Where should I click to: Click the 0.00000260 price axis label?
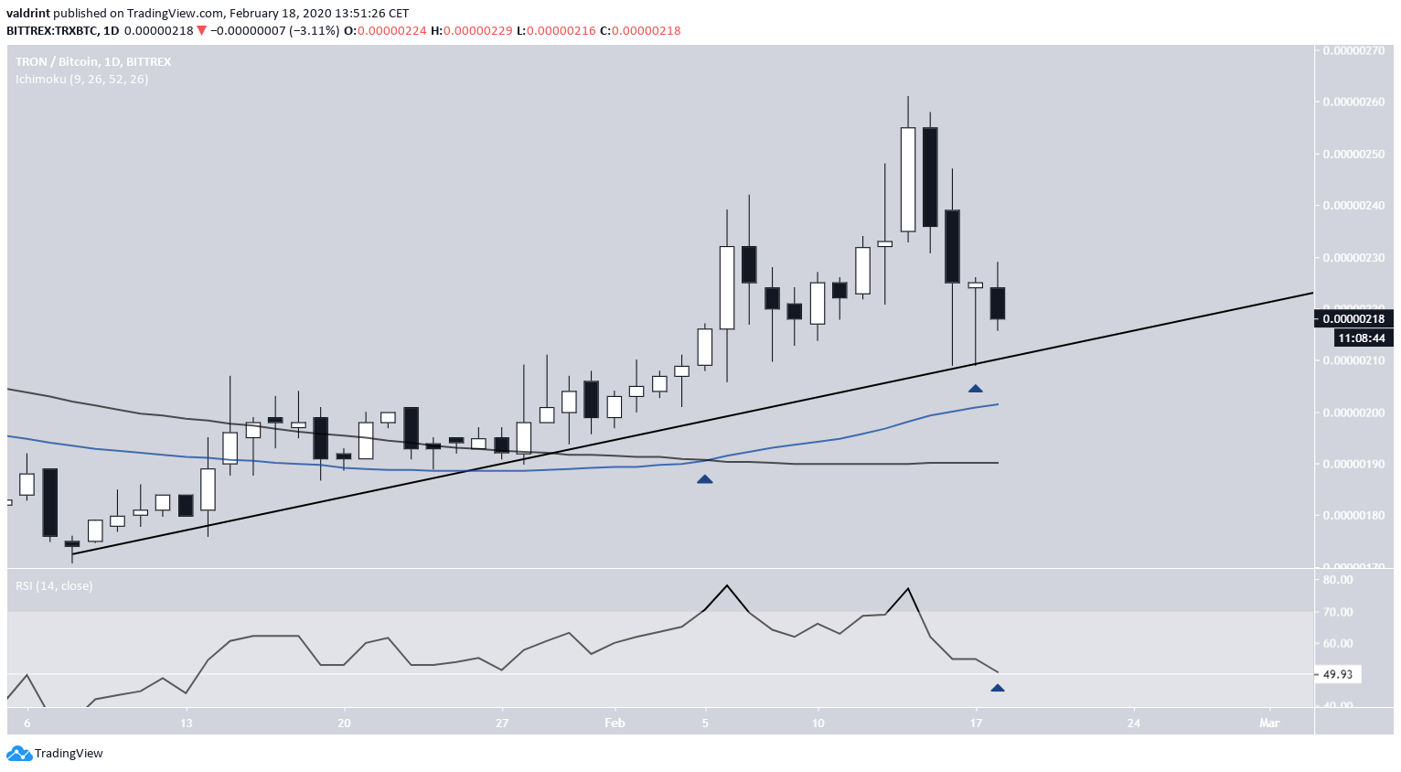coord(1353,102)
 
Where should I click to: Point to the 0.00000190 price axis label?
coord(1353,464)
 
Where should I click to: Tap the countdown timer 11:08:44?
coord(1362,338)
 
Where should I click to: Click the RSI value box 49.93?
coord(1338,674)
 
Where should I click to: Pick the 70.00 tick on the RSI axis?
coord(1338,612)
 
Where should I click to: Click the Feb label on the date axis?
coord(615,724)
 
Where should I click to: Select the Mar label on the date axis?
coord(1269,724)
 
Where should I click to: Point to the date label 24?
coord(1134,724)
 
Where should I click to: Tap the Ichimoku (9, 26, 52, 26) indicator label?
coord(82,80)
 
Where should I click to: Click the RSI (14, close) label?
coord(54,585)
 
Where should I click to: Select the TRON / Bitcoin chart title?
coord(93,61)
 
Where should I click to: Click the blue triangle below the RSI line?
coord(998,689)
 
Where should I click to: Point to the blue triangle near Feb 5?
coord(704,479)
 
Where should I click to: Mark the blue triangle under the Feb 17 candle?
coord(976,390)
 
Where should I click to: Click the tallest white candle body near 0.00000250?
coord(908,179)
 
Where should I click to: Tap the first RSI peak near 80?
coord(727,585)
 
